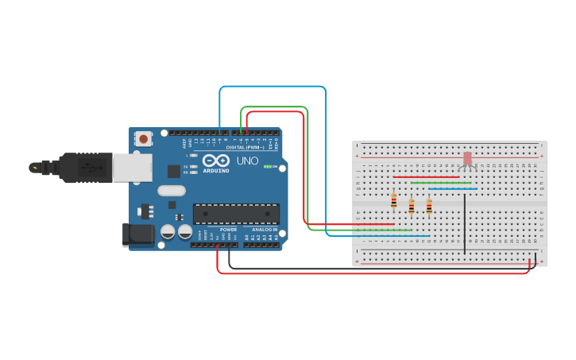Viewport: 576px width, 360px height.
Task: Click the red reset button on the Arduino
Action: click(143, 138)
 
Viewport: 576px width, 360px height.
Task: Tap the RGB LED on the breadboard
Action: click(467, 159)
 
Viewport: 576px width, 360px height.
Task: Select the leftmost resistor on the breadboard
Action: click(393, 201)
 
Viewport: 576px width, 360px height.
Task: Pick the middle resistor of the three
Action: click(411, 206)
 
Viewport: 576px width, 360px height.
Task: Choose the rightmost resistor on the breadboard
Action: click(429, 206)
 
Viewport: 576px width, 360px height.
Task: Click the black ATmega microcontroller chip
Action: click(236, 213)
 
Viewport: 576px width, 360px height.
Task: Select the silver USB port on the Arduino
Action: click(132, 168)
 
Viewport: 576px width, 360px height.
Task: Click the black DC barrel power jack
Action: click(137, 235)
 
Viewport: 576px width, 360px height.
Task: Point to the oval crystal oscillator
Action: click(171, 191)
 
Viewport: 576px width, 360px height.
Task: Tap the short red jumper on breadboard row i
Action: click(426, 176)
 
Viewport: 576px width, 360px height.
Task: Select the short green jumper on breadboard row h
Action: click(441, 183)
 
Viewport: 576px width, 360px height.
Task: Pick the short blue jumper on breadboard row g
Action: click(453, 188)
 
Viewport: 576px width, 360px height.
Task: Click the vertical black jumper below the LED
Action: click(465, 223)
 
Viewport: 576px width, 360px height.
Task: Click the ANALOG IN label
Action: click(265, 230)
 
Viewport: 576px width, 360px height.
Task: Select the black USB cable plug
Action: click(83, 168)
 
